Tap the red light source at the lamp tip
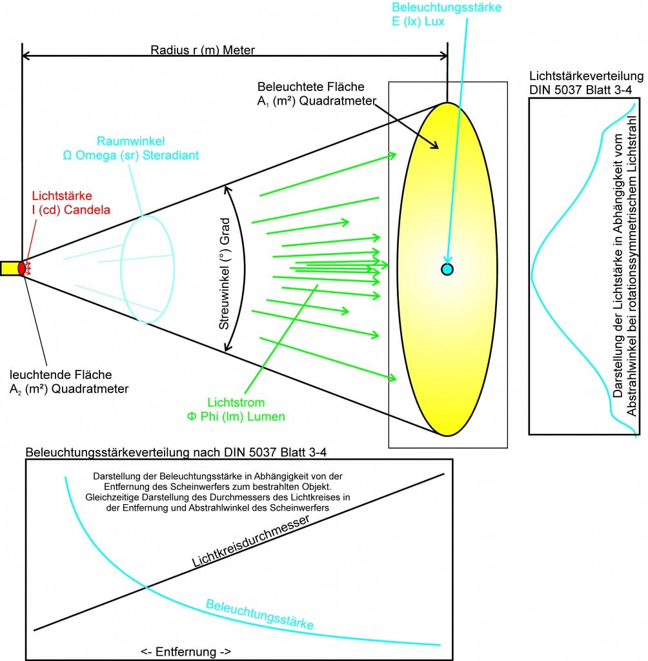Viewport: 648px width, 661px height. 23,267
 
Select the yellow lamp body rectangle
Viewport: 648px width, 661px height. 9,268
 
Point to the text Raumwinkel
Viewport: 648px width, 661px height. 123,141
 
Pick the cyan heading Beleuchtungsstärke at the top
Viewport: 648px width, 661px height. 447,8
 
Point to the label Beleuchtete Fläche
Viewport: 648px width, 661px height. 310,86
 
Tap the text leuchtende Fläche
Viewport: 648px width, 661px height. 61,374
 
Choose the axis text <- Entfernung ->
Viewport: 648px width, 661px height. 186,651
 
